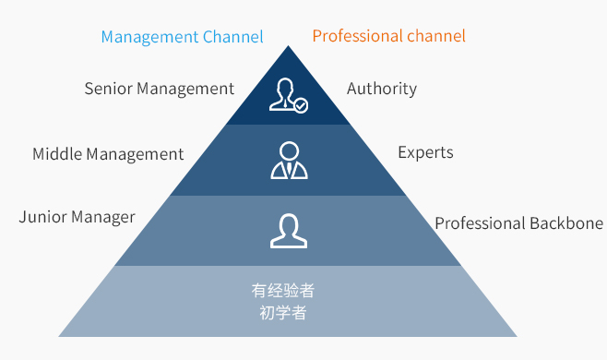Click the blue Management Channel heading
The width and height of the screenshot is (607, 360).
182,37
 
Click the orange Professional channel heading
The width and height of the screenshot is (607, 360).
388,37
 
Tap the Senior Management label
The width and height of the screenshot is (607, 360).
159,89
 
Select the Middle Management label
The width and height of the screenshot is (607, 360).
108,154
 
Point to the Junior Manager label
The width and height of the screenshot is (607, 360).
77,218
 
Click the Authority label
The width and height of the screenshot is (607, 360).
382,89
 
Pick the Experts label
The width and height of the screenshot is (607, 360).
425,152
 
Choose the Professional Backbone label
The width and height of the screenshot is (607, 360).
518,223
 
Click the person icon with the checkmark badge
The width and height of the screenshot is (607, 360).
287,95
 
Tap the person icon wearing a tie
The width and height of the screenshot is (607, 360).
289,160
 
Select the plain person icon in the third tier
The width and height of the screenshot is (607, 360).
289,230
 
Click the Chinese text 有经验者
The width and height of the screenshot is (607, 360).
283,291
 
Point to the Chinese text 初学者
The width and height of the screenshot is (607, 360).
283,312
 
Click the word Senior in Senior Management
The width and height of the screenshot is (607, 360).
109,89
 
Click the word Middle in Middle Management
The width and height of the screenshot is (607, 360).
56,154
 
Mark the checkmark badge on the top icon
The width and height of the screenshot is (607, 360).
301,106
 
